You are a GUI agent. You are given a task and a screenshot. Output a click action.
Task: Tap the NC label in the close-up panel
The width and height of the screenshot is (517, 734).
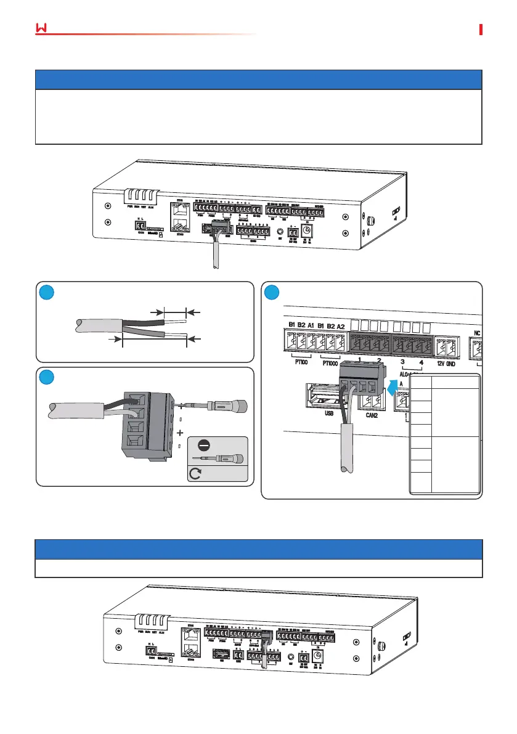point(477,331)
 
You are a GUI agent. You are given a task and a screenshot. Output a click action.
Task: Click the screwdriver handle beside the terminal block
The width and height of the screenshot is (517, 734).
point(232,407)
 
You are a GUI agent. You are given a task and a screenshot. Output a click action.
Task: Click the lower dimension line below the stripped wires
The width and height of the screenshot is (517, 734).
point(154,339)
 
